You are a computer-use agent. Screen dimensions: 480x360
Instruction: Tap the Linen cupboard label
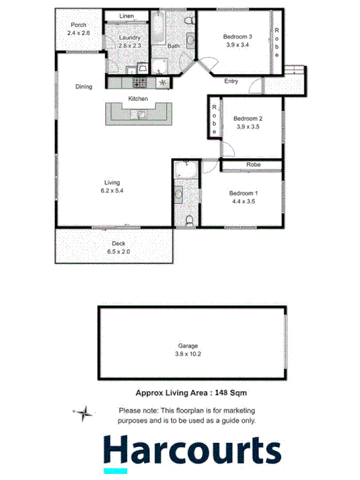[126, 15]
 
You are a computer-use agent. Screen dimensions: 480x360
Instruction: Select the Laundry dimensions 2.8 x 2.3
[129, 45]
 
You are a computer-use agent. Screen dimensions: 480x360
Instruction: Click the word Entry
[232, 82]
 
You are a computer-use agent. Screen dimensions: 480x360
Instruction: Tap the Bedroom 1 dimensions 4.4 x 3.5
[245, 202]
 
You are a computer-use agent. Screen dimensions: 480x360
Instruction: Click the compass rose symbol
[83, 413]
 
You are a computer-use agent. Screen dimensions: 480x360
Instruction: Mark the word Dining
[84, 87]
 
